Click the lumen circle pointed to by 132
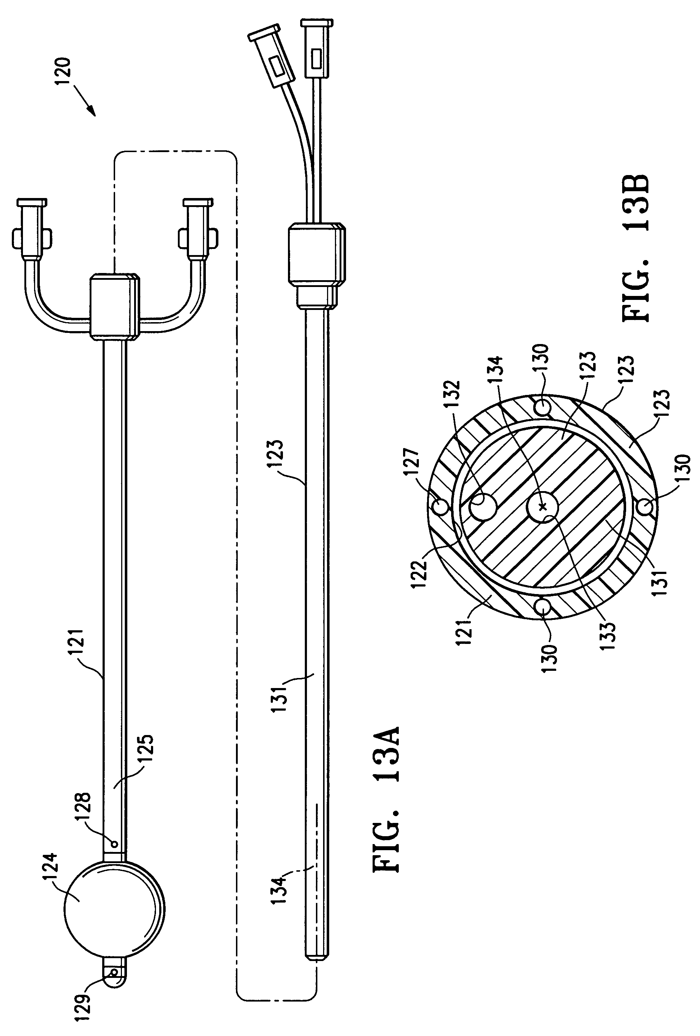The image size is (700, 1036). pyautogui.click(x=483, y=507)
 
